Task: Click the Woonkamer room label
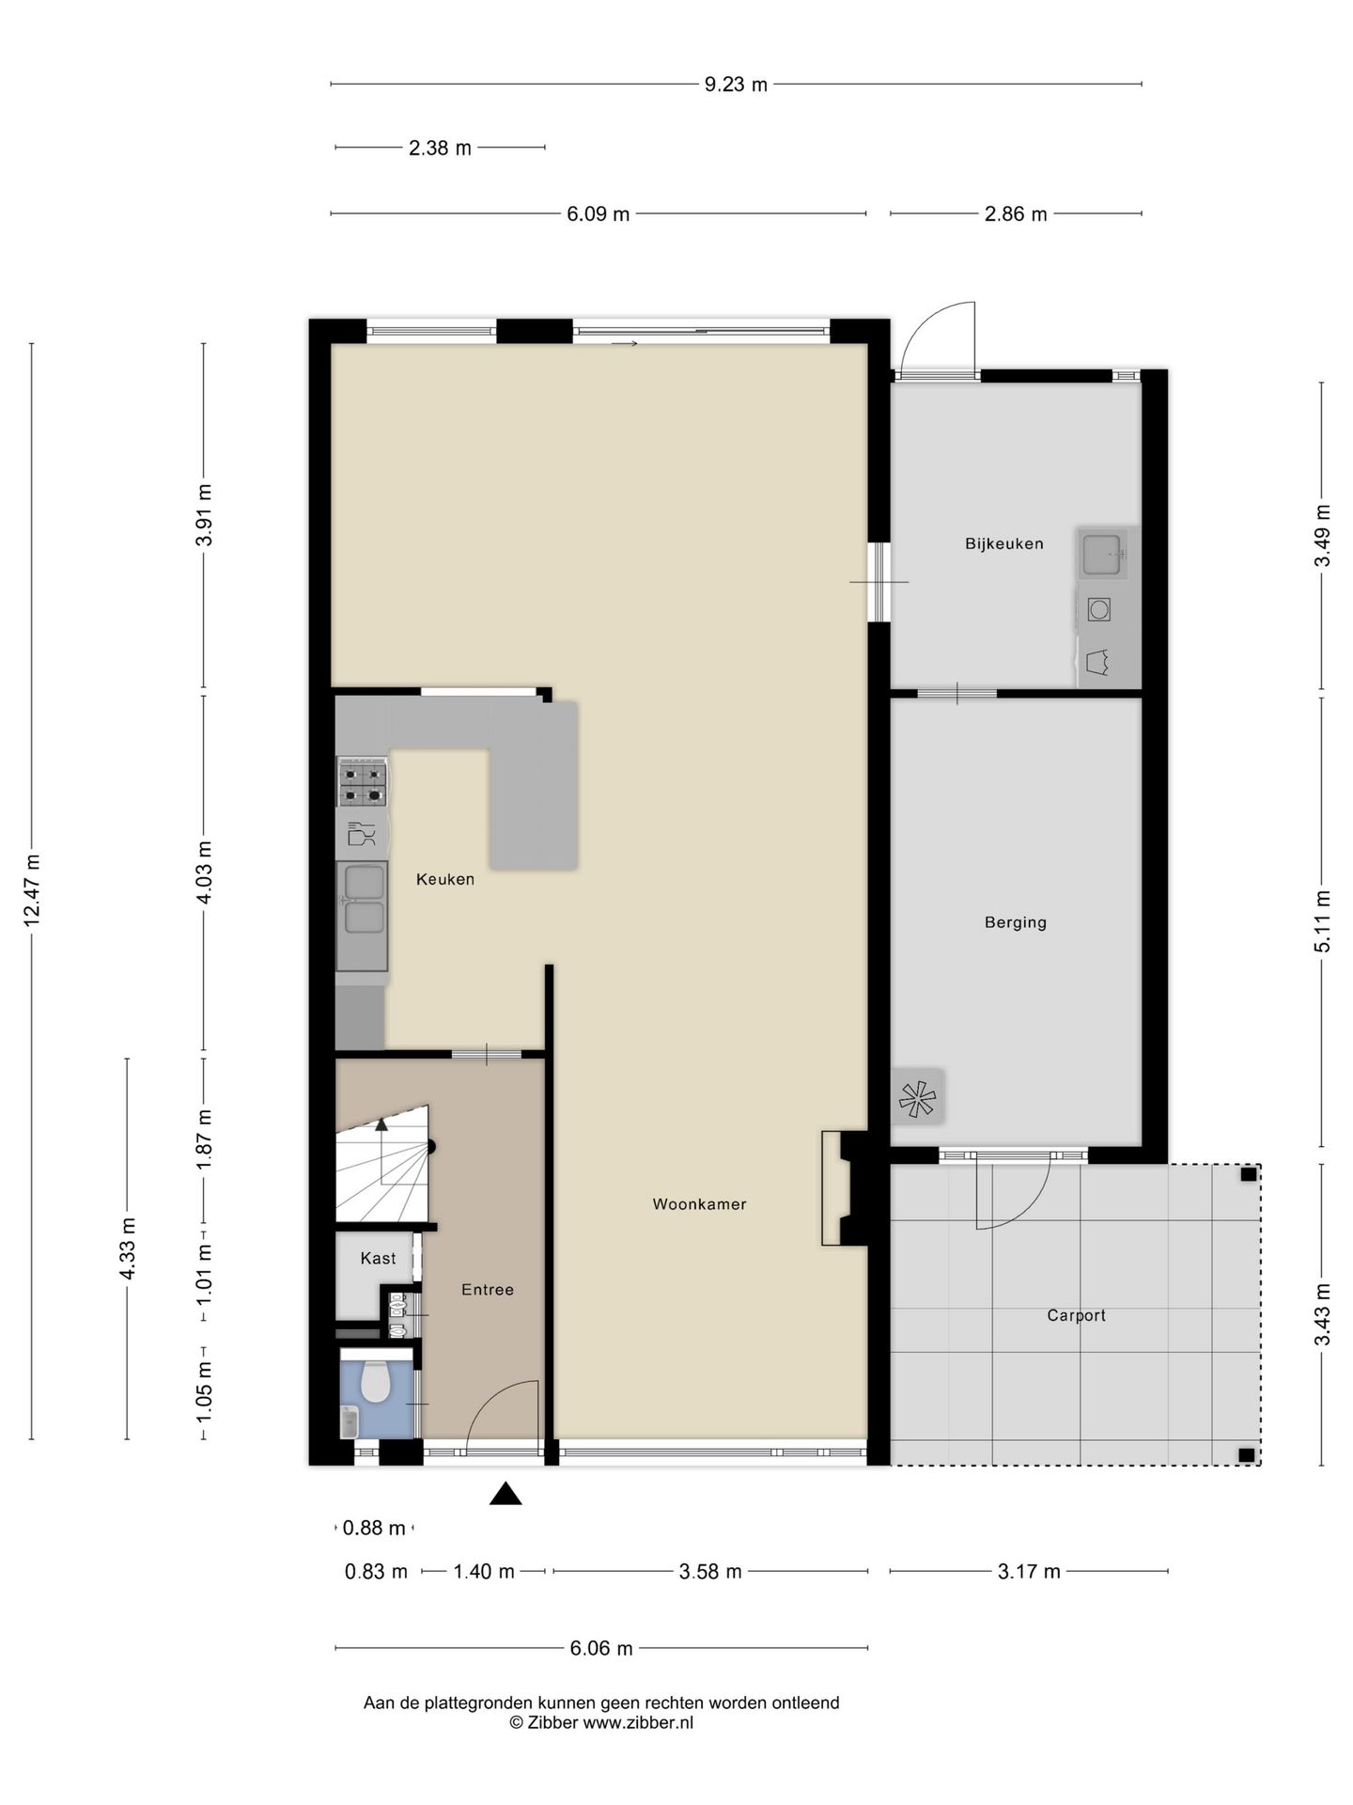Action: point(699,1203)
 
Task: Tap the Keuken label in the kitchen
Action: point(444,879)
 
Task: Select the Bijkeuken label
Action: point(1003,543)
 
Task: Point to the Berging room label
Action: point(1015,922)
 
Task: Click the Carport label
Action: point(1076,1315)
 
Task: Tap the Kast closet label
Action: point(378,1258)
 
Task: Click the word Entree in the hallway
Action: point(487,1290)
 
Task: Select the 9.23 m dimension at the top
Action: point(736,85)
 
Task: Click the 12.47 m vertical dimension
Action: point(32,890)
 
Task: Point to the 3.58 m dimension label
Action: point(710,1571)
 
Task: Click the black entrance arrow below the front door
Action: point(505,1493)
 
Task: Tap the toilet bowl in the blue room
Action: point(376,1382)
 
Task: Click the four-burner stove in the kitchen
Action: point(363,783)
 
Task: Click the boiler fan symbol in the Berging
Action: point(918,1096)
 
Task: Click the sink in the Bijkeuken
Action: point(1101,554)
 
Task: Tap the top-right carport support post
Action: point(1247,1174)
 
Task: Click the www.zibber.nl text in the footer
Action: point(638,1723)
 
